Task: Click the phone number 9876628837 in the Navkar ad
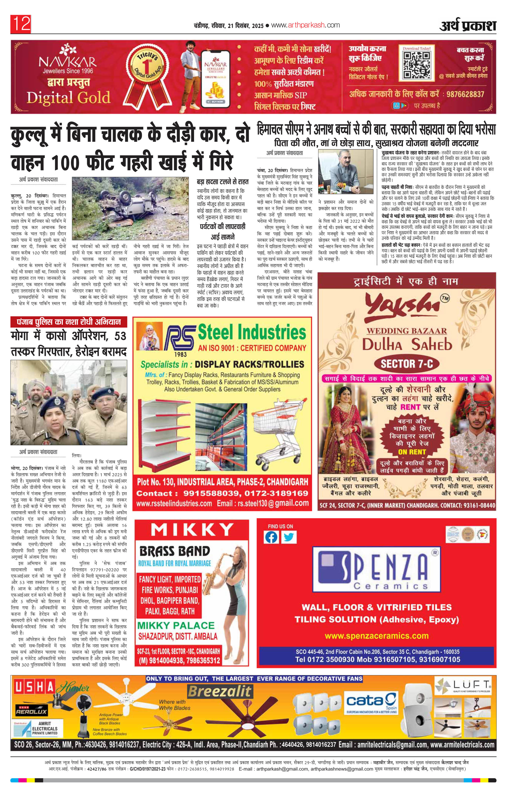[x=465, y=94]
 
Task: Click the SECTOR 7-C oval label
[x=407, y=364]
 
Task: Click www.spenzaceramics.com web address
[x=377, y=636]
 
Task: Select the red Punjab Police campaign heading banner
[x=69, y=321]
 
